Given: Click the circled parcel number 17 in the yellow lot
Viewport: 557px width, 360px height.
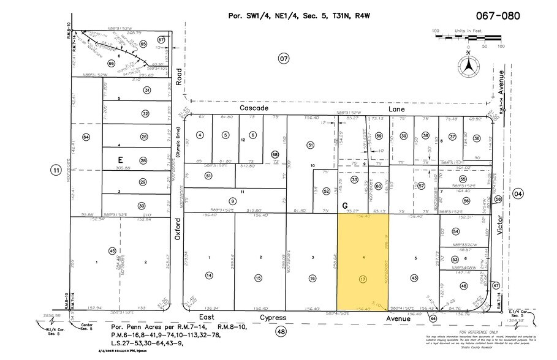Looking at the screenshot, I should coord(363,279).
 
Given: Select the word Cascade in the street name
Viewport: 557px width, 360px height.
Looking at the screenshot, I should coord(254,108).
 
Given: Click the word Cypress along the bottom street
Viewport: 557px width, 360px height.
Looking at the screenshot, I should coord(273,318).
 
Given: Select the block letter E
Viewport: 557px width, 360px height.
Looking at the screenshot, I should coord(121,159).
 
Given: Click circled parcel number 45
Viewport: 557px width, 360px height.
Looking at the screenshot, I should coord(112,251).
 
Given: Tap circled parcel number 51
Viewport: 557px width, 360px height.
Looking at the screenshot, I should coord(311,145).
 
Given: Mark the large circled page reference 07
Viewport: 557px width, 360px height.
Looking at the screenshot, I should coord(283,59).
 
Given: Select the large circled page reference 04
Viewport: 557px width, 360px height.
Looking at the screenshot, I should coord(519,194).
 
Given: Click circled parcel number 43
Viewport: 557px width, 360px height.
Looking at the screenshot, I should coord(415,279).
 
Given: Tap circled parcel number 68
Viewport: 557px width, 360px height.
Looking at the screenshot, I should coord(275,155).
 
